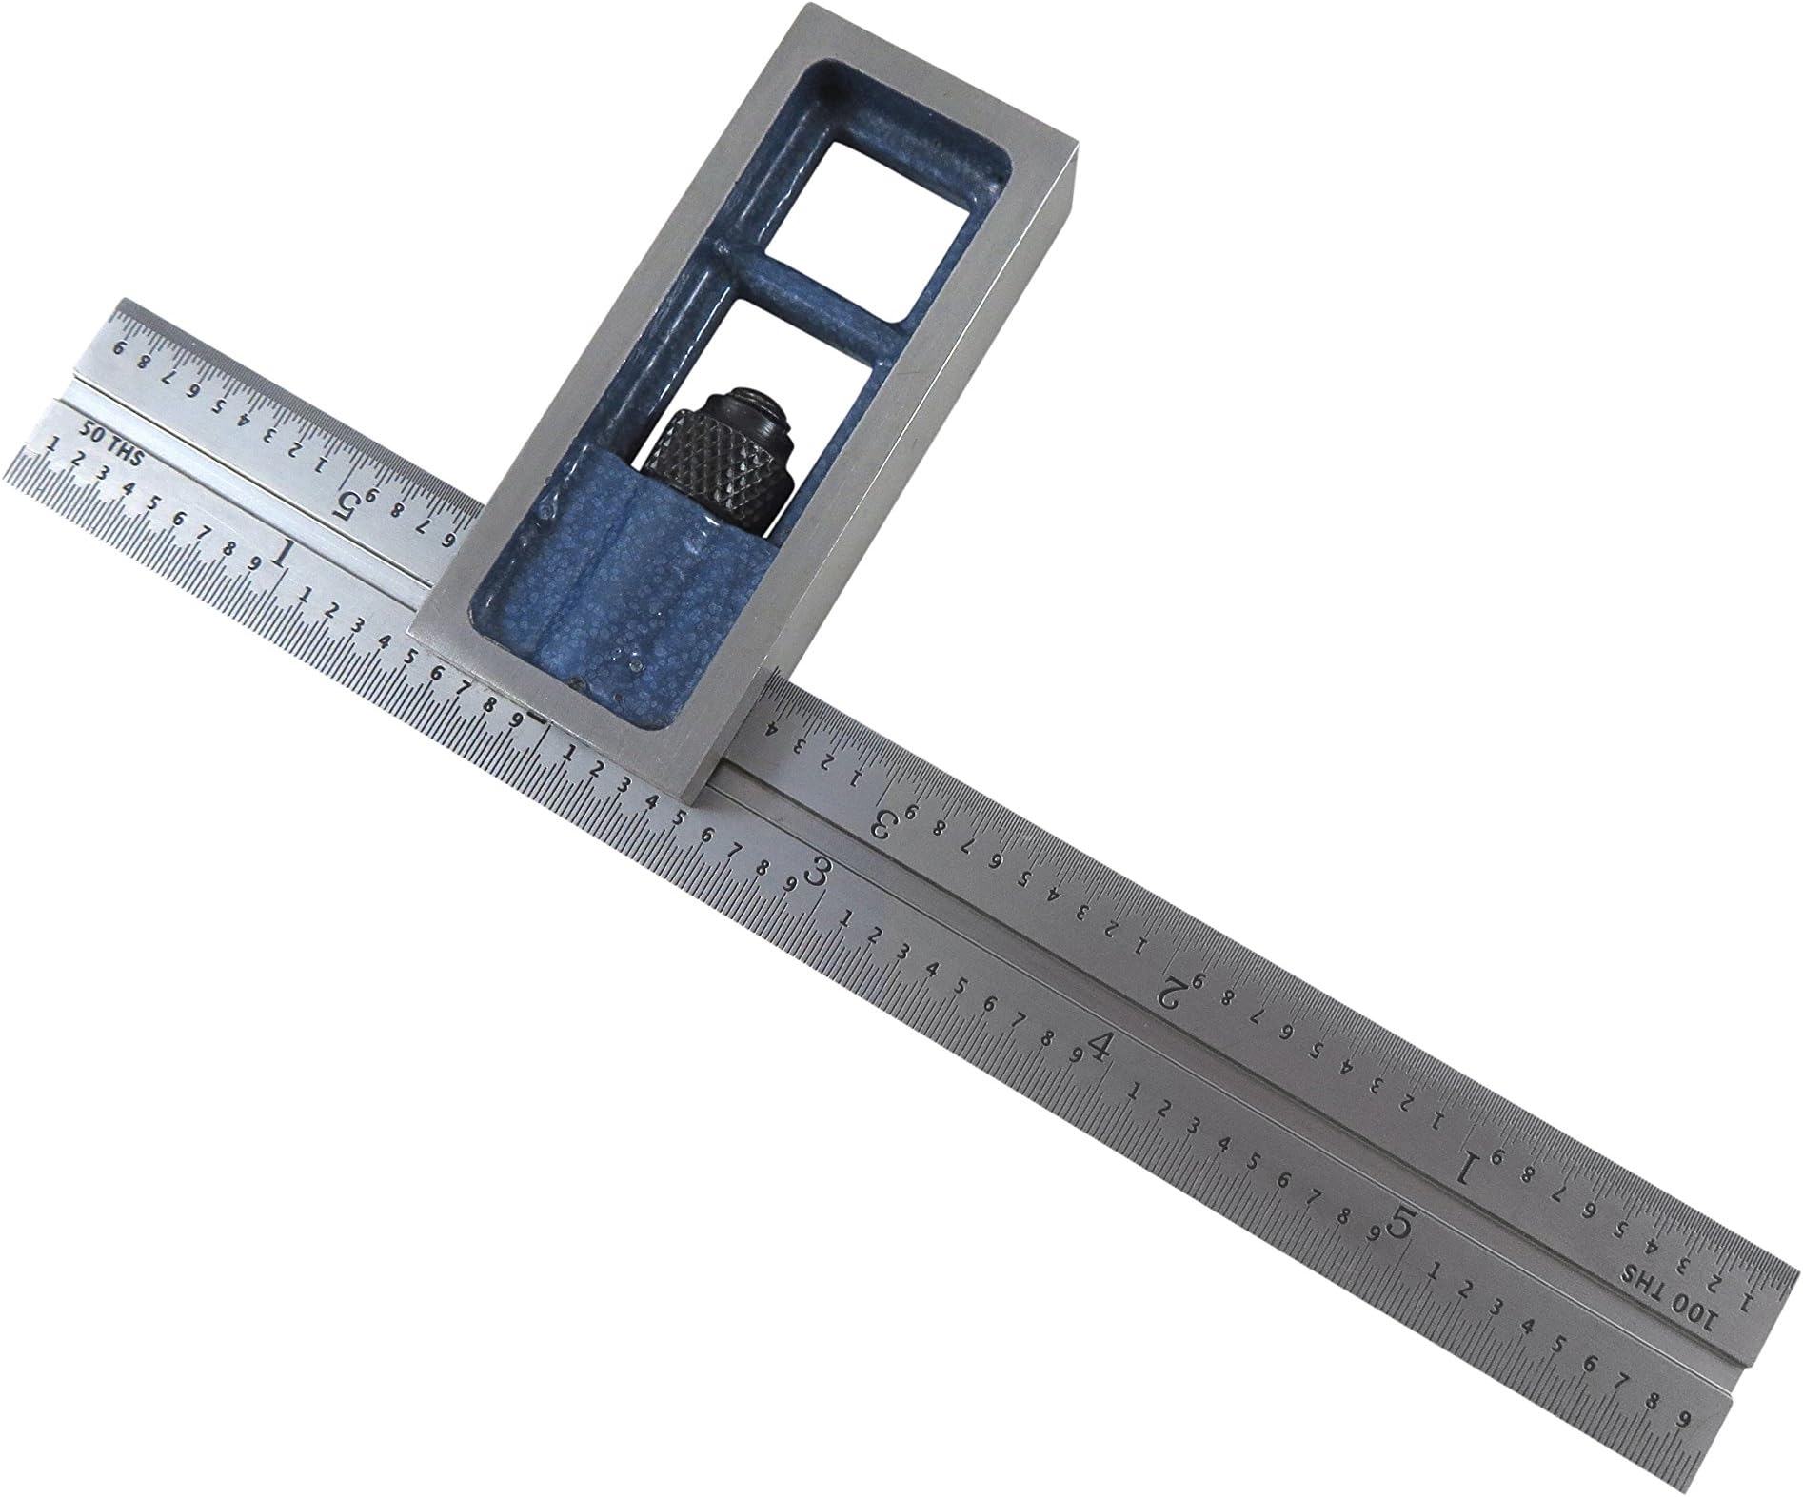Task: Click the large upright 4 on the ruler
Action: [1101, 1049]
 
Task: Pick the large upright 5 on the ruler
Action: [1399, 1222]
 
